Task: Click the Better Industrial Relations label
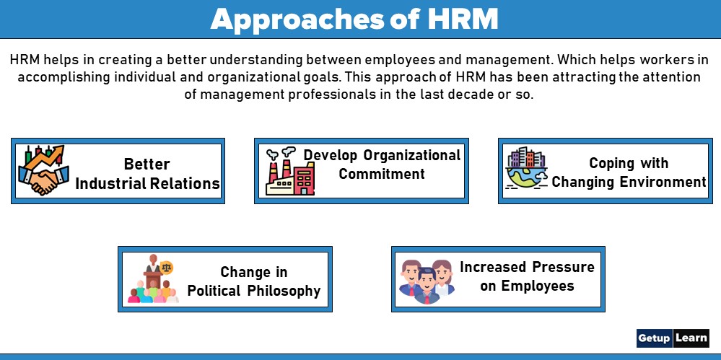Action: point(147,174)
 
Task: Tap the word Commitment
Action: point(382,174)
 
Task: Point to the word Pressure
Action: point(560,267)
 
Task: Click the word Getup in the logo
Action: point(654,338)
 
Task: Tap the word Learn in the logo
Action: point(691,338)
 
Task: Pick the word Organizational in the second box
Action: point(412,155)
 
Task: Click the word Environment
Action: point(665,182)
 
